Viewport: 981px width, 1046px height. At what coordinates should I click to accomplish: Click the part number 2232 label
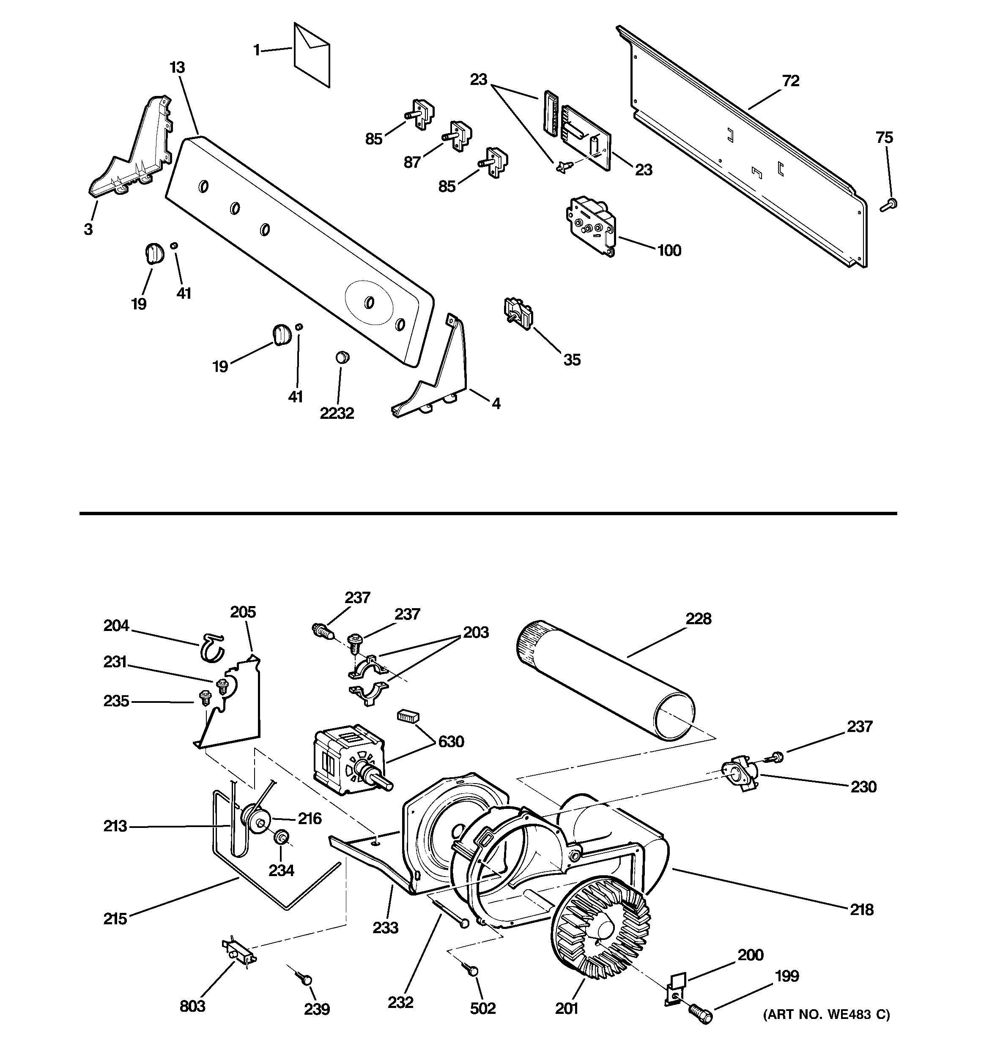[337, 414]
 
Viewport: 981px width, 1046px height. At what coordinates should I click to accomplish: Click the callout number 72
[790, 81]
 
